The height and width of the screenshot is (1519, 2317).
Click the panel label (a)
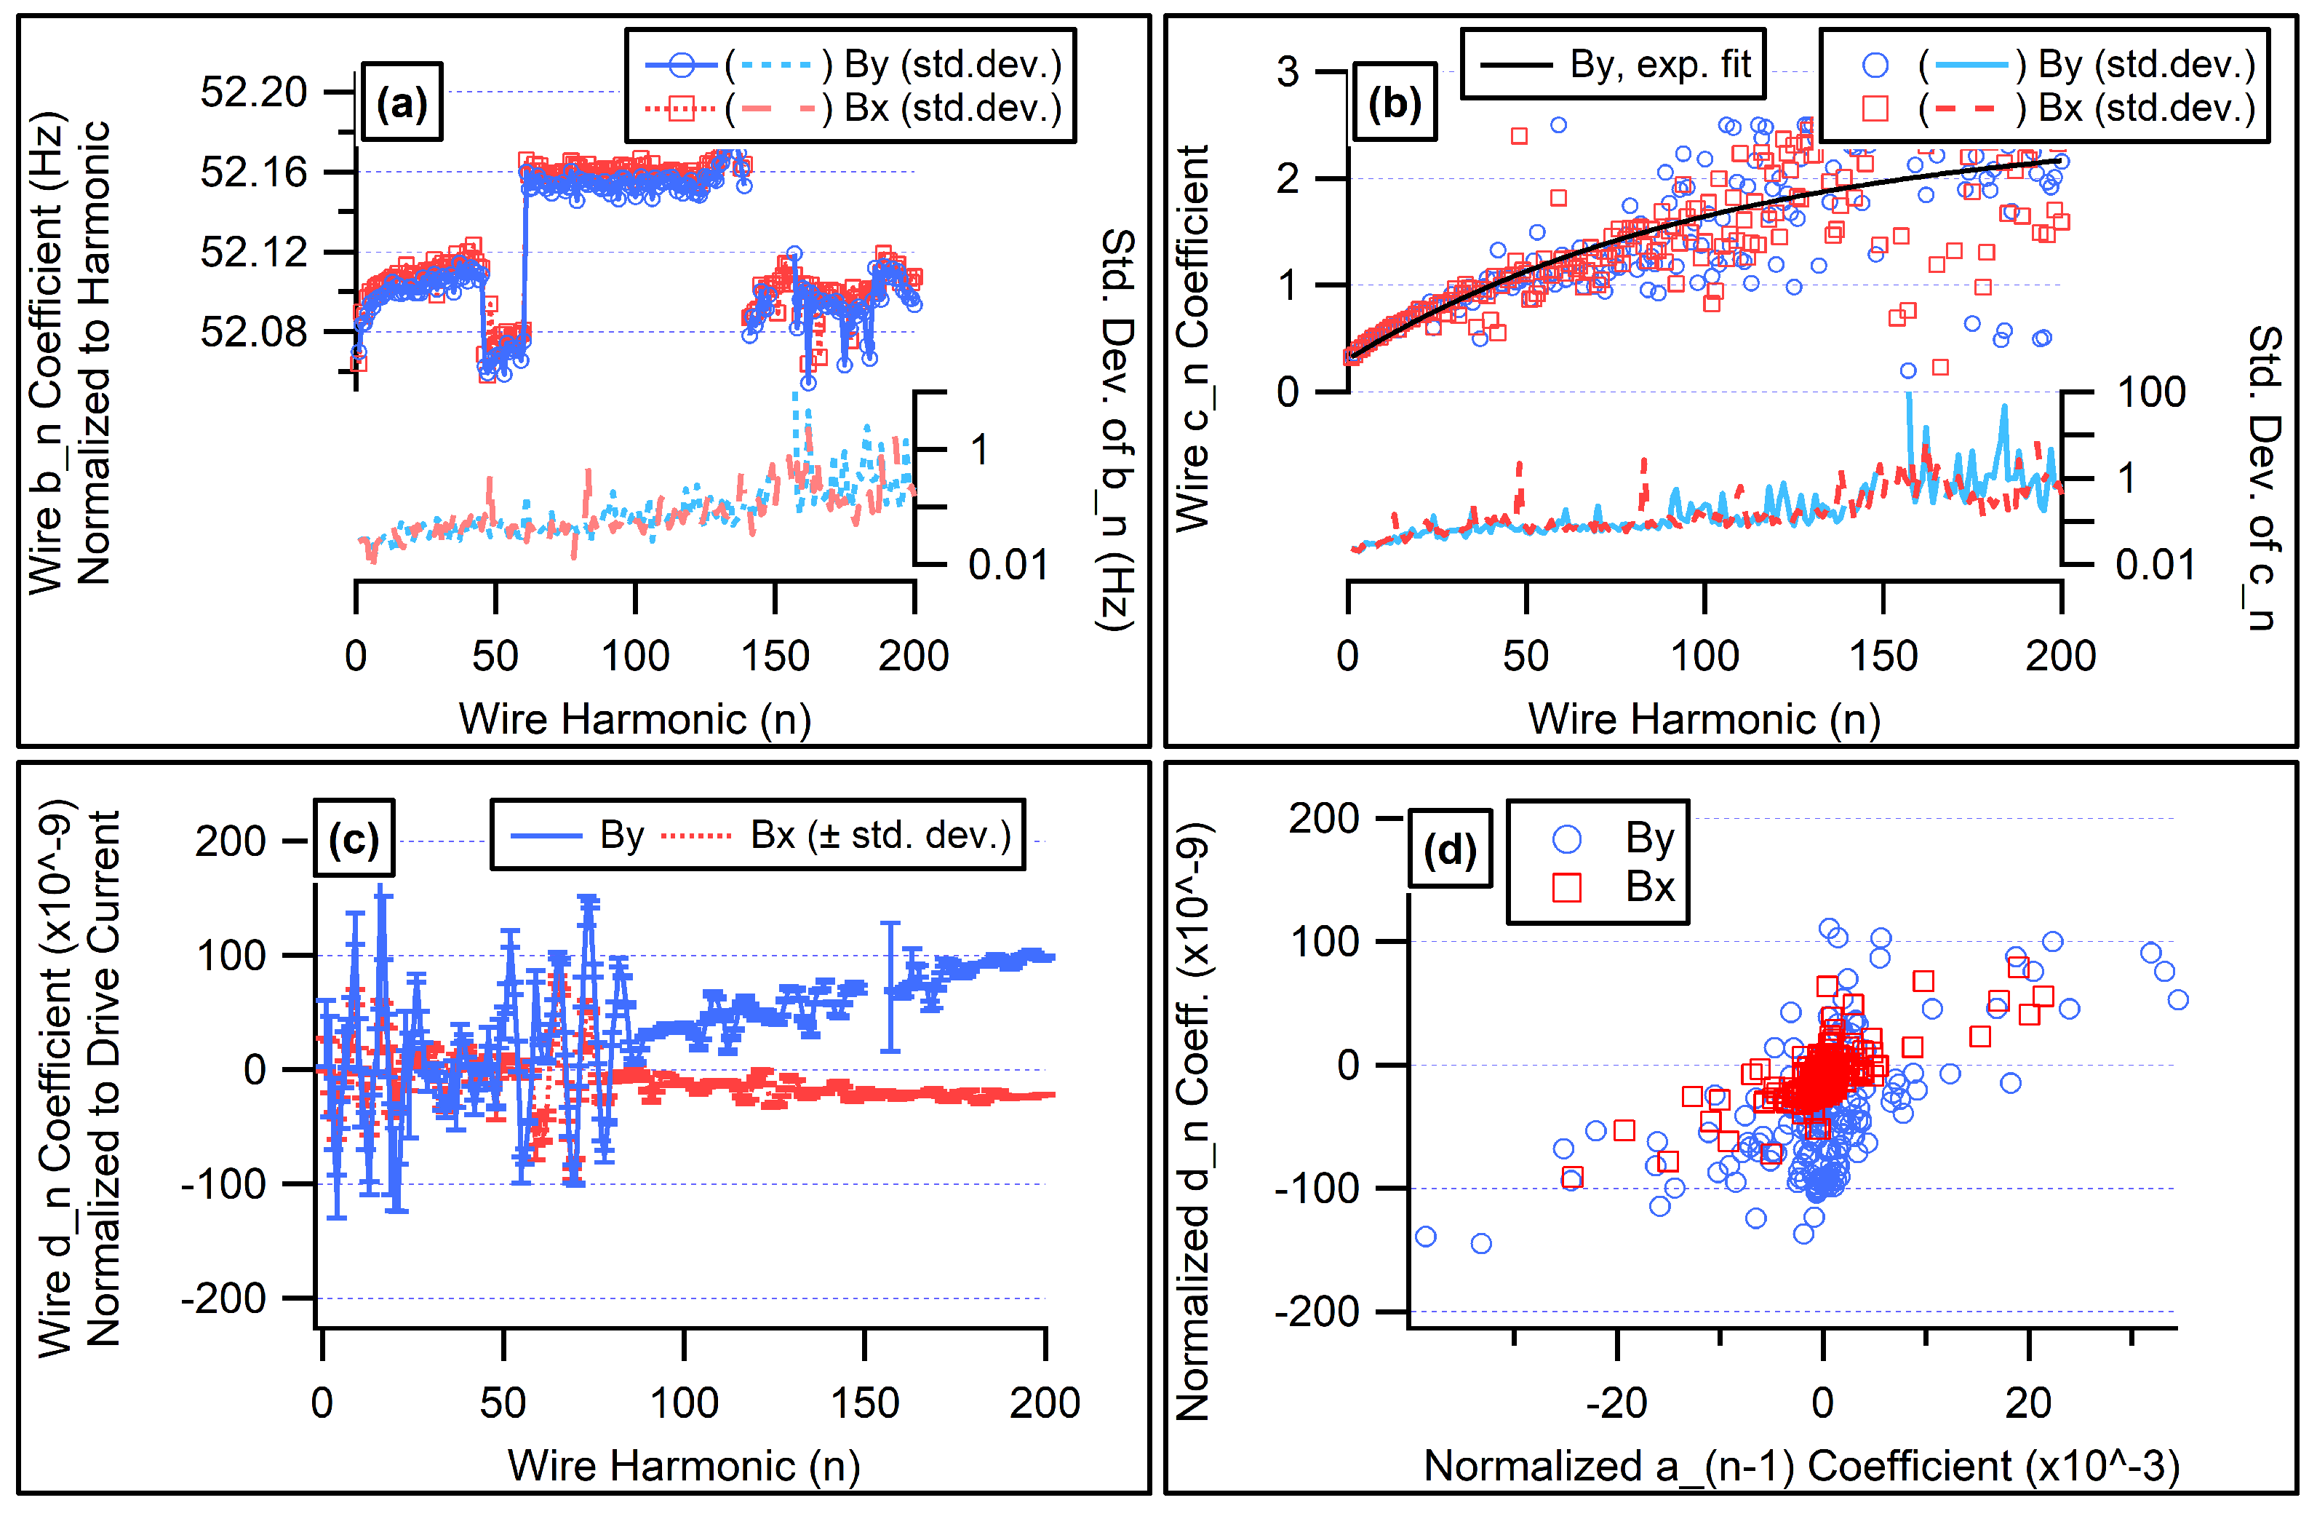click(x=401, y=102)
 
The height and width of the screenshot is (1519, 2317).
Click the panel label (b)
click(x=1394, y=102)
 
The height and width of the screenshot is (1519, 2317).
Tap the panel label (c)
click(x=354, y=838)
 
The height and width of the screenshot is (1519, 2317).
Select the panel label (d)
click(x=1450, y=849)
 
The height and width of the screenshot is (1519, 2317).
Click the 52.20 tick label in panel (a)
click(x=253, y=92)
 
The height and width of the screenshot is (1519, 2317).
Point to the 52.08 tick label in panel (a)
click(x=253, y=332)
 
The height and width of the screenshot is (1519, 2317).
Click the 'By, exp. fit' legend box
click(x=1612, y=64)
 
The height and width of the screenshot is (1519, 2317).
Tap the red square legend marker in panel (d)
click(x=1566, y=887)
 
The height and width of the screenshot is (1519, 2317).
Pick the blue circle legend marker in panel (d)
click(x=1566, y=838)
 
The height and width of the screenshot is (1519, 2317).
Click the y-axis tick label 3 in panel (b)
click(x=1287, y=71)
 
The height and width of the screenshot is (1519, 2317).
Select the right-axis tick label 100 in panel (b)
click(x=2152, y=392)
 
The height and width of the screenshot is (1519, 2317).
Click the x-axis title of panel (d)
click(x=1801, y=1465)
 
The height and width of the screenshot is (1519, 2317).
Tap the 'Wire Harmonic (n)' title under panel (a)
click(x=635, y=718)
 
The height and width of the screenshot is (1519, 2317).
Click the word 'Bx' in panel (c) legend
click(x=773, y=835)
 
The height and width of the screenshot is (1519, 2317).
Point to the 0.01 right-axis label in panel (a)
click(x=1008, y=564)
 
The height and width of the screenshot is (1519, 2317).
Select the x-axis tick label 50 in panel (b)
click(x=1526, y=655)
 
